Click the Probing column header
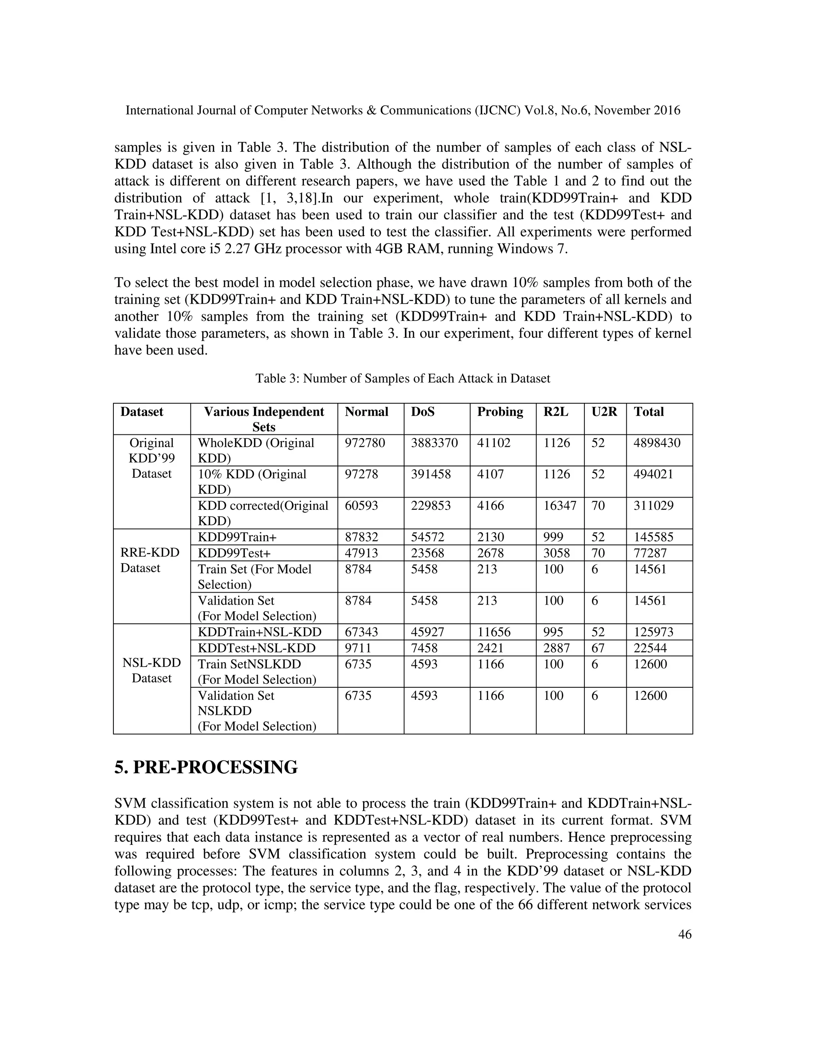(x=500, y=412)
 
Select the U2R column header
(x=604, y=412)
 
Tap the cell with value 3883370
(x=434, y=443)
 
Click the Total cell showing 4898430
(x=657, y=443)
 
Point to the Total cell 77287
(x=650, y=553)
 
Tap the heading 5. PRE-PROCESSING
(x=206, y=768)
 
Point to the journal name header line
(x=403, y=111)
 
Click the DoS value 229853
(x=431, y=506)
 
